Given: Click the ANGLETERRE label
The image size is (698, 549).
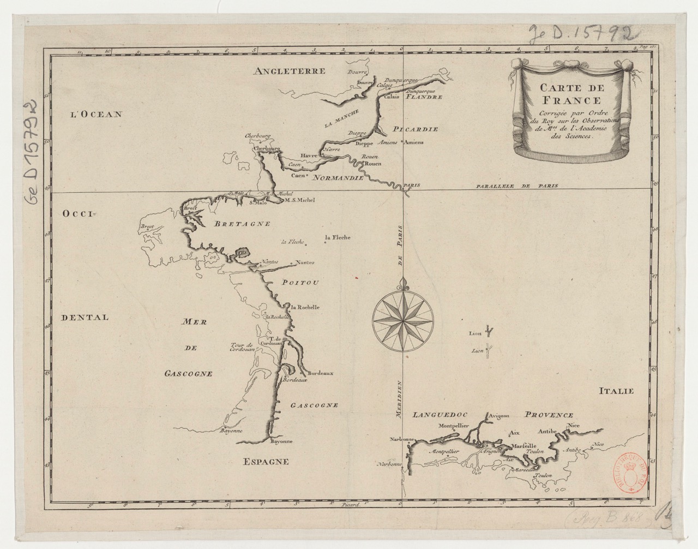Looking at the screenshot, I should (x=289, y=71).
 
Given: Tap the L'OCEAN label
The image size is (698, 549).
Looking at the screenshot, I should (x=96, y=114).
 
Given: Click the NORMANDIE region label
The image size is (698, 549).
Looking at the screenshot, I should (x=340, y=178).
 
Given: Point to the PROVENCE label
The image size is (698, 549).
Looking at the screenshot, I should (x=549, y=415).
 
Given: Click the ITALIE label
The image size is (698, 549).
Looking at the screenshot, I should (x=617, y=391).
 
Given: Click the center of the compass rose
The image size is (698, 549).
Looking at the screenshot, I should (x=404, y=317).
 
